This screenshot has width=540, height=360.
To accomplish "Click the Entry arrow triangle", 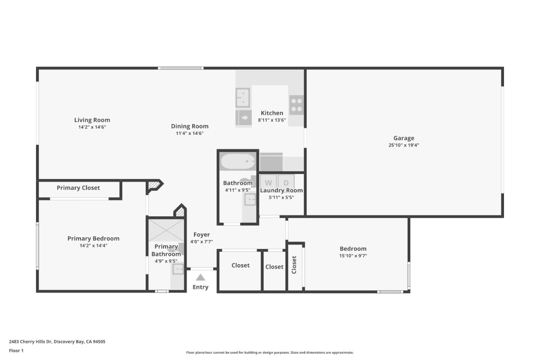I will tap(200, 277).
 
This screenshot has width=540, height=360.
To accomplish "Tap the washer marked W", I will tap(268, 183).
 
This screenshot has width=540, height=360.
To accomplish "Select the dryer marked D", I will tap(286, 183).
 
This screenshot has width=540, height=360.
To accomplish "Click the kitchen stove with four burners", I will tap(296, 105).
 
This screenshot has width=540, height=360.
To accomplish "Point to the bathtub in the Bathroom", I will tap(238, 162).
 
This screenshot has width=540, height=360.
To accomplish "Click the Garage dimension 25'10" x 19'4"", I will tap(403, 145).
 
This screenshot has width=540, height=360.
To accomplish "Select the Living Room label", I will tap(92, 120).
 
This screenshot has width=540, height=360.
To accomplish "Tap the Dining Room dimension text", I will tap(189, 133).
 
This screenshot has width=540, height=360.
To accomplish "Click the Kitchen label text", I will tap(272, 113).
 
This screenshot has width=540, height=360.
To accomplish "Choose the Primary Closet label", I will tap(78, 188).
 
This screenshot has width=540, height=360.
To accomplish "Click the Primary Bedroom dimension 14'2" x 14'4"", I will tap(93, 246).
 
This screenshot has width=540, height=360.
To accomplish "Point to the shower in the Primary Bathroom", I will tap(166, 230).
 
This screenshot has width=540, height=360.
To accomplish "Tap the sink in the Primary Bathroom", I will tap(178, 269).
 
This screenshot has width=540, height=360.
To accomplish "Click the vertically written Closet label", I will tap(294, 265).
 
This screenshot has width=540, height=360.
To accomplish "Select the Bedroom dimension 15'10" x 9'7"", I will tap(353, 256).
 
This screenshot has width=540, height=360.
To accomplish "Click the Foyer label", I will tap(201, 235).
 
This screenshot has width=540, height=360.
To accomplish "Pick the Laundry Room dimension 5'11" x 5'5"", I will tap(281, 197).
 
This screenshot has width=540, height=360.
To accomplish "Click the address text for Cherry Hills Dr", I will tap(57, 342).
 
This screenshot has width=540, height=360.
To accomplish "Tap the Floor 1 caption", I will tap(16, 351).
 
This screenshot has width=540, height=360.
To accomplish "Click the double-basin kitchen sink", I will tap(243, 97).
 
